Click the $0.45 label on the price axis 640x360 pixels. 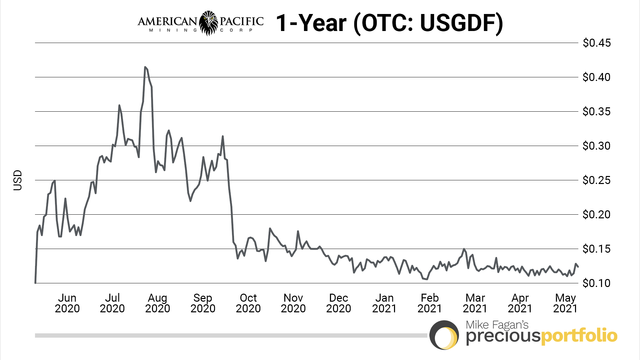[x=596, y=43]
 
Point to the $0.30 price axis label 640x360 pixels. [x=596, y=146]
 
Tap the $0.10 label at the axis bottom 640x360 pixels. [x=596, y=283]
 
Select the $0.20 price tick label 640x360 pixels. [x=596, y=215]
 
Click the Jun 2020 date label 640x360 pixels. [x=67, y=303]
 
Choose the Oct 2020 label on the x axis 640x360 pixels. [x=248, y=303]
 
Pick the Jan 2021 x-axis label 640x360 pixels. [x=384, y=303]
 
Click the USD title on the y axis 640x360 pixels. [x=17, y=180]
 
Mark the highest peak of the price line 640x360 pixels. [x=145, y=67]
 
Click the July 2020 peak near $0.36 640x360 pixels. [x=119, y=105]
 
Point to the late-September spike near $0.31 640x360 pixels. [x=223, y=136]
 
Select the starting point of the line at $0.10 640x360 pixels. [x=35, y=283]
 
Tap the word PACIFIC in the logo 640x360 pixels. [x=242, y=21]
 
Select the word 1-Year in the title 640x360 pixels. [x=311, y=23]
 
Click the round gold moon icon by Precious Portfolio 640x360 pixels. [x=444, y=335]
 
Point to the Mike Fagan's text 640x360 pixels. [x=497, y=325]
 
